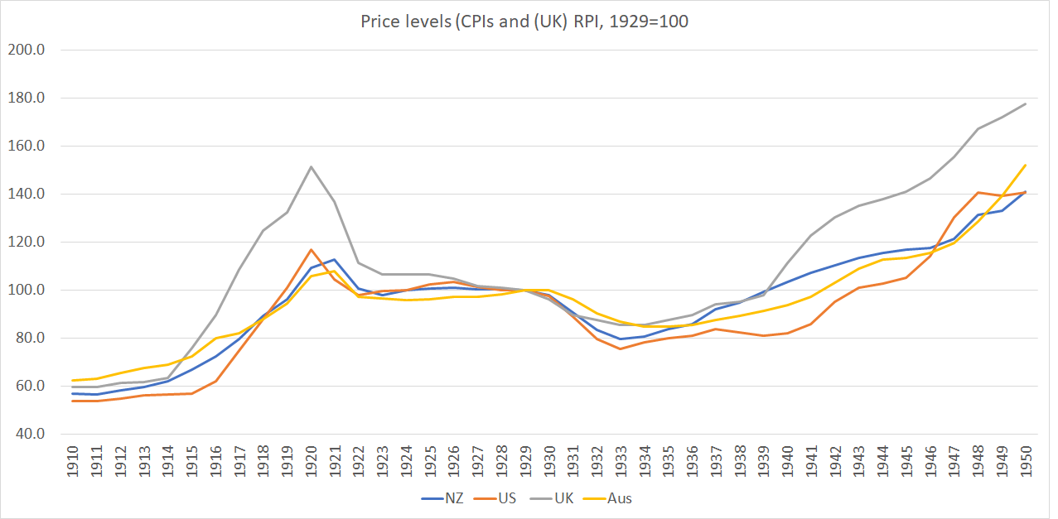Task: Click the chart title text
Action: (x=524, y=22)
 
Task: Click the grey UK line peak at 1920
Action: (x=311, y=166)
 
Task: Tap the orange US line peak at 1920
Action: (x=311, y=249)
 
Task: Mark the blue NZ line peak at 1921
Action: (x=335, y=259)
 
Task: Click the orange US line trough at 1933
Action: (x=621, y=348)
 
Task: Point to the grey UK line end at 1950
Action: (x=1026, y=103)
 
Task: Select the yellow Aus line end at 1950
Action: (x=1026, y=165)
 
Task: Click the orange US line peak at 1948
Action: (x=978, y=192)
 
